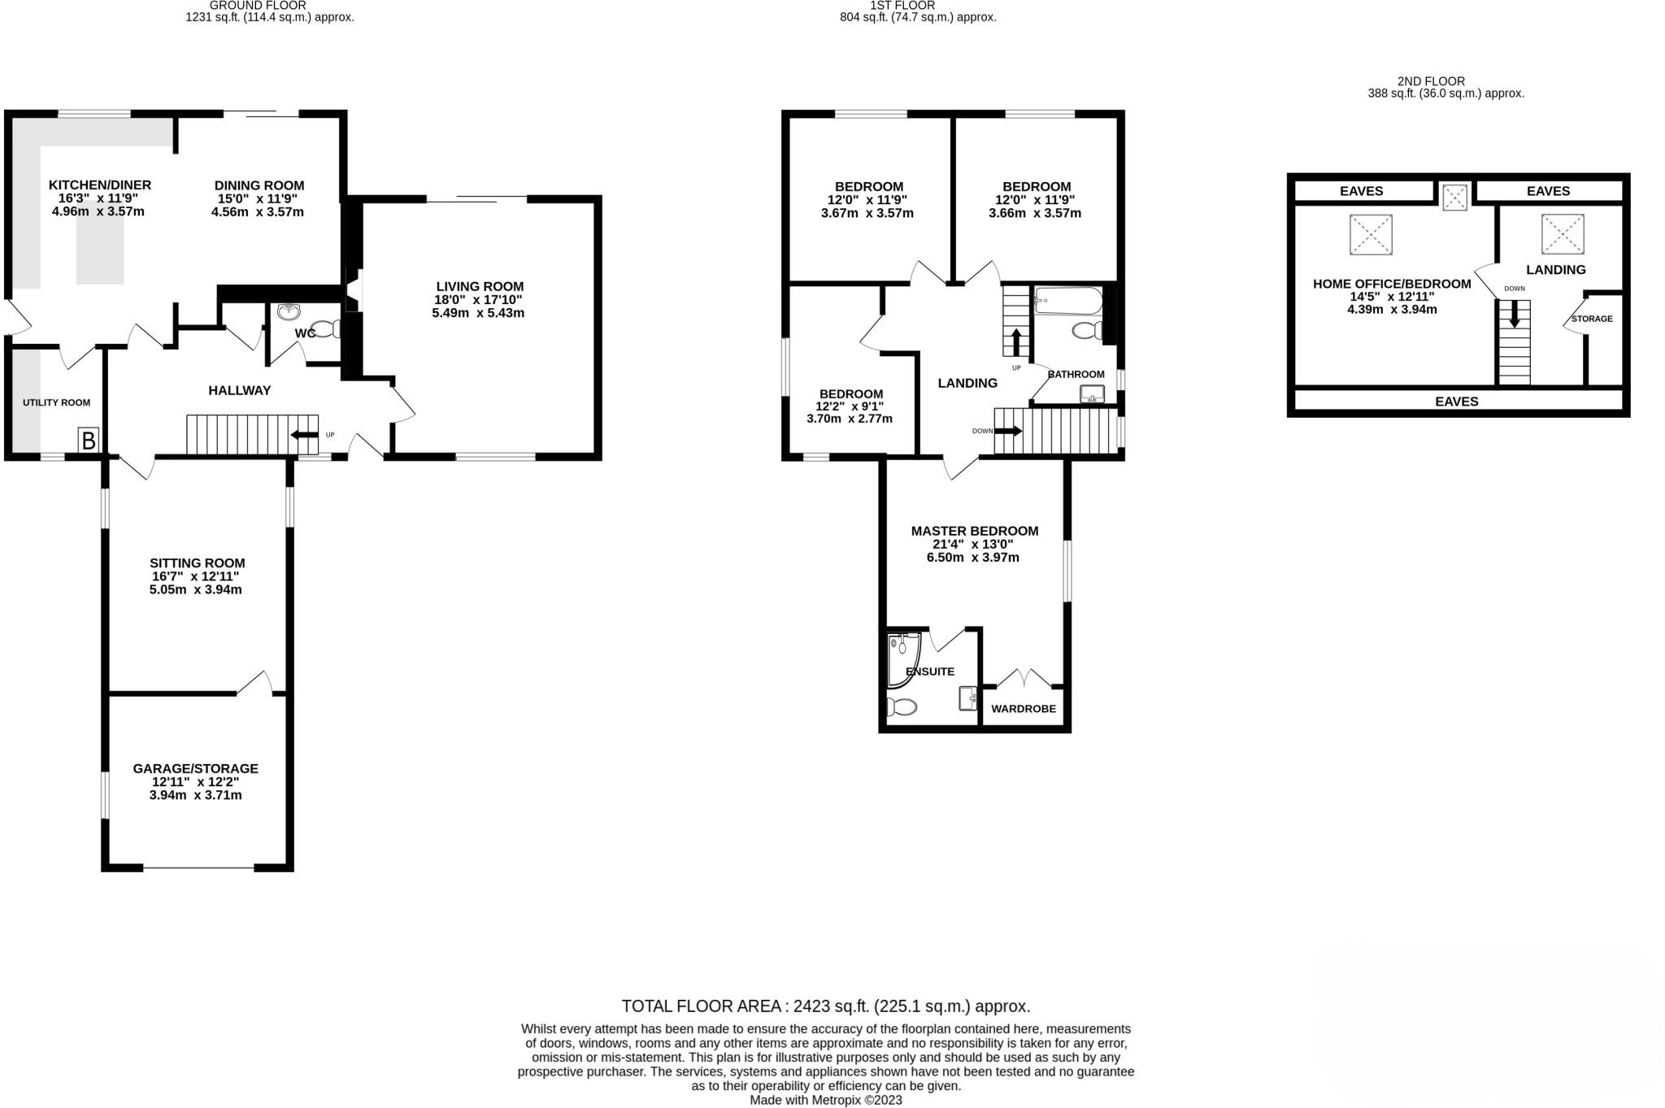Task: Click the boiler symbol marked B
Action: click(89, 441)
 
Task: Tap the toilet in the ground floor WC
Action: click(327, 329)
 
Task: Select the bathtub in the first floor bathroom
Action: click(1068, 302)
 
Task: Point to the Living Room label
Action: click(480, 286)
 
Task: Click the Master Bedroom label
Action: click(974, 531)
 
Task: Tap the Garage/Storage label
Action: click(195, 768)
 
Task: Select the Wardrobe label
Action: click(1024, 709)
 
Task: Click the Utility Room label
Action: click(56, 402)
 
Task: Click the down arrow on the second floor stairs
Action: click(1514, 315)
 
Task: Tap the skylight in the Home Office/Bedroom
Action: click(1371, 235)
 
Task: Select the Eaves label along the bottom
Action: click(1456, 401)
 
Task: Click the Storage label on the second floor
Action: click(1591, 319)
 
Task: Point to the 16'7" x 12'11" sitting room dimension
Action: click(195, 576)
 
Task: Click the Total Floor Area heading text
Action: click(825, 1006)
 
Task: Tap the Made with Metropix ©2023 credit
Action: click(825, 1100)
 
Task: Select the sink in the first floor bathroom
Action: click(1092, 395)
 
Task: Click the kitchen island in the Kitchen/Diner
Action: click(100, 244)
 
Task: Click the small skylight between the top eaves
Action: click(1454, 197)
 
